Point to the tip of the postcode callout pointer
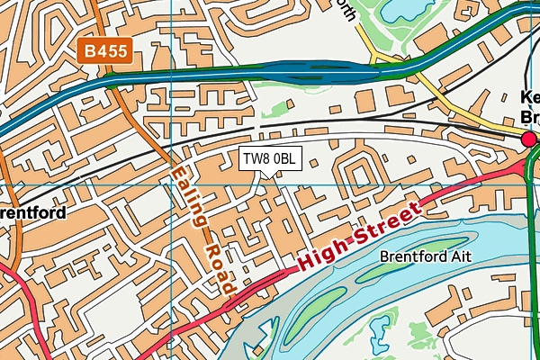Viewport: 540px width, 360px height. (x=262, y=177)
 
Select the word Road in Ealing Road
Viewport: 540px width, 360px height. (x=218, y=267)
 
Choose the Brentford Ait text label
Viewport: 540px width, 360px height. (x=426, y=256)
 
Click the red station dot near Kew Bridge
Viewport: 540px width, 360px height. (x=529, y=139)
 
